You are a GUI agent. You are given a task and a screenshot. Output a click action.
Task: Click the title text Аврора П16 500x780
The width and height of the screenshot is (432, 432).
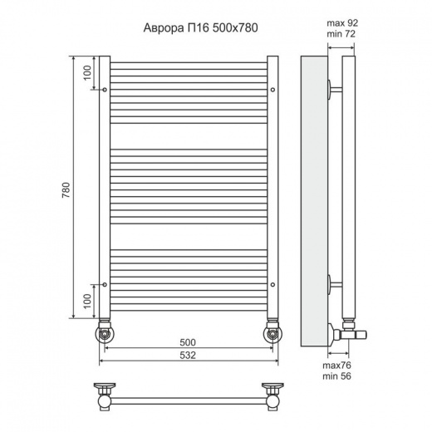(x=200, y=28)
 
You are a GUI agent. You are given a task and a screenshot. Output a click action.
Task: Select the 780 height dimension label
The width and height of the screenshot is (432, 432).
(x=66, y=190)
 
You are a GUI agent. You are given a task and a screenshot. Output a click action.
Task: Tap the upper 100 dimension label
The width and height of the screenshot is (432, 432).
(x=87, y=72)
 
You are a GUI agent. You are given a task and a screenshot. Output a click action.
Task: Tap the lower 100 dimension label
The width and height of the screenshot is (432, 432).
(x=87, y=302)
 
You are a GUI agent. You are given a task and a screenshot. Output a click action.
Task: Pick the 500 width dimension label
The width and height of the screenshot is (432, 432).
(x=188, y=342)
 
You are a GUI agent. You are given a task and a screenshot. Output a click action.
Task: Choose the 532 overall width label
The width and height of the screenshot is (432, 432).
(x=188, y=356)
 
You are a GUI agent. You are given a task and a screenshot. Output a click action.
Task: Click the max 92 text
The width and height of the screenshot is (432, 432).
(x=342, y=23)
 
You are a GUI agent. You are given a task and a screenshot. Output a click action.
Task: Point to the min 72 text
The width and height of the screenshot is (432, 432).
(x=341, y=34)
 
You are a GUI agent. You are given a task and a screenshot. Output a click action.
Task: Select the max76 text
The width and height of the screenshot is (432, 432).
(x=336, y=366)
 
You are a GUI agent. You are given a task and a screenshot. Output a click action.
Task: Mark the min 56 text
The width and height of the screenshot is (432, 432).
(x=336, y=376)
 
